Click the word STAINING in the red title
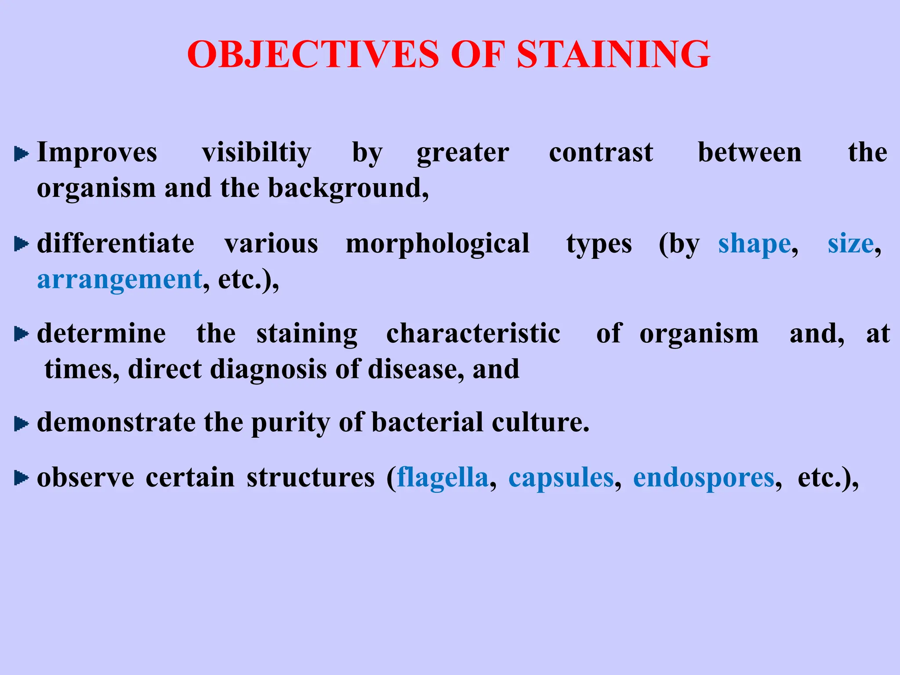coord(613,54)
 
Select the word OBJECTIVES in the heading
coord(313,54)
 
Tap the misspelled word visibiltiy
coord(256,153)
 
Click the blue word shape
coord(755,244)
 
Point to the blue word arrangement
coord(120,280)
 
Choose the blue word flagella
coord(443,478)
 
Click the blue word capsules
coord(561,478)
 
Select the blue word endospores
coord(704,479)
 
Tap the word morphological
coord(437,244)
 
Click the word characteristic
coord(473,334)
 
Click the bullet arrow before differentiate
coord(21,244)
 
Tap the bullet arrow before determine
coord(21,334)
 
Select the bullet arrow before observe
coord(21,478)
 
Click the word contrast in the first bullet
coord(601,153)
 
